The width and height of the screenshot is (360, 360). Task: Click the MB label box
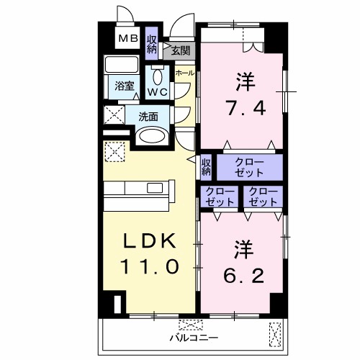pyautogui.click(x=130, y=39)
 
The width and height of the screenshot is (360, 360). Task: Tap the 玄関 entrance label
pyautogui.click(x=181, y=50)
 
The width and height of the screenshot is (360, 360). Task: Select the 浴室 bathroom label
pyautogui.click(x=125, y=86)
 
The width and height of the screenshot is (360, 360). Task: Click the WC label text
pyautogui.click(x=158, y=92)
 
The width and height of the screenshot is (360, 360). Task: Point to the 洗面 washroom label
pyautogui.click(x=148, y=115)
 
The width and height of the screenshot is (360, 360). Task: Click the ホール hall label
pyautogui.click(x=184, y=73)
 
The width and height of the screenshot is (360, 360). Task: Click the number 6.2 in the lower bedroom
pyautogui.click(x=243, y=274)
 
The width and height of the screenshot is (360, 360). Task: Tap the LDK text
pyautogui.click(x=149, y=241)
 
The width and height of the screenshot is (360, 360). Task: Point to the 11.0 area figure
pyautogui.click(x=149, y=266)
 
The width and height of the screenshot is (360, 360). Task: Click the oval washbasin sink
pyautogui.click(x=150, y=136)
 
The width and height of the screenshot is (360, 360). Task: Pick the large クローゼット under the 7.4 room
pyautogui.click(x=249, y=167)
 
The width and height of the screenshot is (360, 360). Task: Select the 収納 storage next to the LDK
pyautogui.click(x=206, y=167)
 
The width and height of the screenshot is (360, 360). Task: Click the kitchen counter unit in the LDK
pyautogui.click(x=138, y=193)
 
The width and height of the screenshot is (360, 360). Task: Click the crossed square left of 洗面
pyautogui.click(x=113, y=114)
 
